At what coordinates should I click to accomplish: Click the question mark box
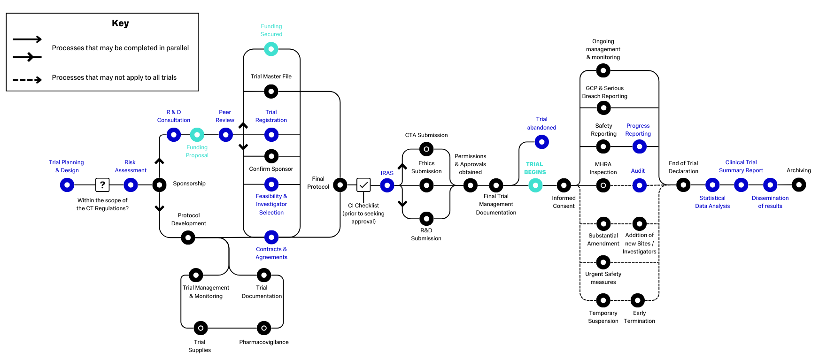click(102, 185)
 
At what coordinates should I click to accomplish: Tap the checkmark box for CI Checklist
click(363, 185)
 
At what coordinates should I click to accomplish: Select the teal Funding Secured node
click(271, 49)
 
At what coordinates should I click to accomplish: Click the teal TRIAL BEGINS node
click(535, 185)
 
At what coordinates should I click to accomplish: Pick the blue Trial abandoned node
click(542, 142)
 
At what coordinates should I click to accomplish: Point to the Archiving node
click(799, 185)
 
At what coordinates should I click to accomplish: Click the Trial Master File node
click(271, 91)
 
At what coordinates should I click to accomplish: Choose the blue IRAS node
click(387, 185)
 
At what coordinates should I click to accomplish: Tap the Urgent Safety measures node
click(603, 262)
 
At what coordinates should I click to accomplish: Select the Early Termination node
click(638, 300)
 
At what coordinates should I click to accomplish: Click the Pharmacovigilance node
click(264, 328)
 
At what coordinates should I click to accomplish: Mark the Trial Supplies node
click(201, 328)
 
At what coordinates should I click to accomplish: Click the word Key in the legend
click(120, 23)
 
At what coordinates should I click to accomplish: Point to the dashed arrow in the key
click(27, 80)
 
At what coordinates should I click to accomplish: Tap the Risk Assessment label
click(131, 166)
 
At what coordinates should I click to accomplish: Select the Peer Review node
click(226, 135)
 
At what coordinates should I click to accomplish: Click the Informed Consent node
click(564, 185)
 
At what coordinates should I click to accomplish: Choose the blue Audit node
click(639, 185)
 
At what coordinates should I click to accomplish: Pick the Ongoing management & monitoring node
click(603, 70)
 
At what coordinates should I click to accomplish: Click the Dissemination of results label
click(770, 202)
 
